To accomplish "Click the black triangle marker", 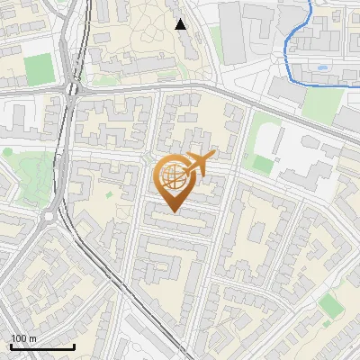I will click(x=181, y=23).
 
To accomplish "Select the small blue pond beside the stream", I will click(x=321, y=67).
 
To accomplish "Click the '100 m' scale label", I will click(x=24, y=338).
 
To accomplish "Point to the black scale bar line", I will click(x=42, y=346).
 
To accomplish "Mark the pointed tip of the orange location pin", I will click(x=174, y=212).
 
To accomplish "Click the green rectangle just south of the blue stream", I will click(x=321, y=103).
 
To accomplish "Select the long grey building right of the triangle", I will click(x=231, y=32).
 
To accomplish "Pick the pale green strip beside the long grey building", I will click(x=216, y=40).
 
